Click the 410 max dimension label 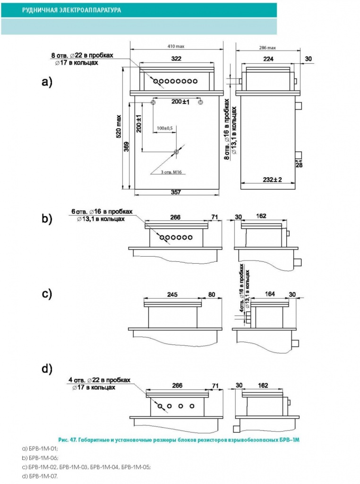point(176,46)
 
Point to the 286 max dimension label point(267,48)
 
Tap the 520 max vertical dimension point(119,127)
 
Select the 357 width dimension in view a point(176,192)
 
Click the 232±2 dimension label point(273,179)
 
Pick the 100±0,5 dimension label point(165,128)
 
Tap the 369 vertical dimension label point(126,147)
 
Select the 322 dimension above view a point(176,59)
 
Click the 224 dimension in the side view point(268,59)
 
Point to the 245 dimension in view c point(172,294)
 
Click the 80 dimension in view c point(212,294)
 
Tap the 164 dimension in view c point(270,294)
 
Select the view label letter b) point(47,218)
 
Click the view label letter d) point(47,369)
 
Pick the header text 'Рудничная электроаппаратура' point(71,10)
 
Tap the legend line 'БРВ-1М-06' point(40,458)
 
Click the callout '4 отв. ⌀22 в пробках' point(99,380)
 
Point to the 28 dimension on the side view point(299,165)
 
